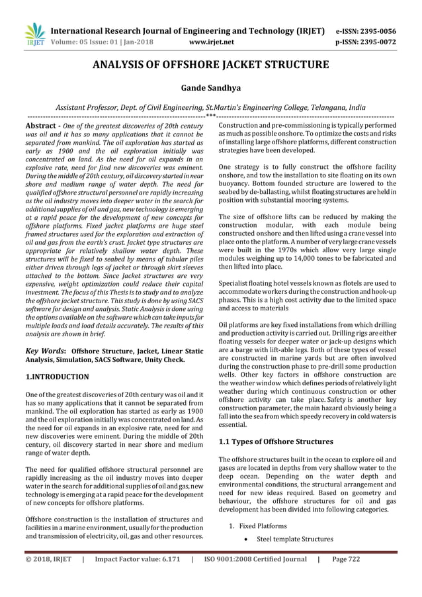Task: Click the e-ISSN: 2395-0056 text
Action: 366,31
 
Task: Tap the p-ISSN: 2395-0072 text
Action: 366,42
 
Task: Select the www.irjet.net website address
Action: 211,42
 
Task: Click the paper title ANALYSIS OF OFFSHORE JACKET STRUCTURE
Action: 210,65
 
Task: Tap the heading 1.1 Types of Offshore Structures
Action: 276,441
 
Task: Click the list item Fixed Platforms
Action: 263,526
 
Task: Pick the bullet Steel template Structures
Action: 294,539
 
